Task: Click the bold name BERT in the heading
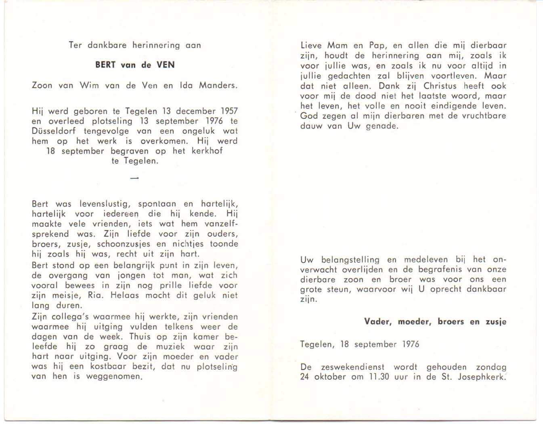(106, 65)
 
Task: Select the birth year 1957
(229, 111)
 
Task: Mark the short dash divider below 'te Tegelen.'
(135, 178)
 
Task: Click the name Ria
(96, 295)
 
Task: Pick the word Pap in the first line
(377, 46)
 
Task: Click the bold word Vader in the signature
(378, 322)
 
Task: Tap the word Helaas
(125, 295)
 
